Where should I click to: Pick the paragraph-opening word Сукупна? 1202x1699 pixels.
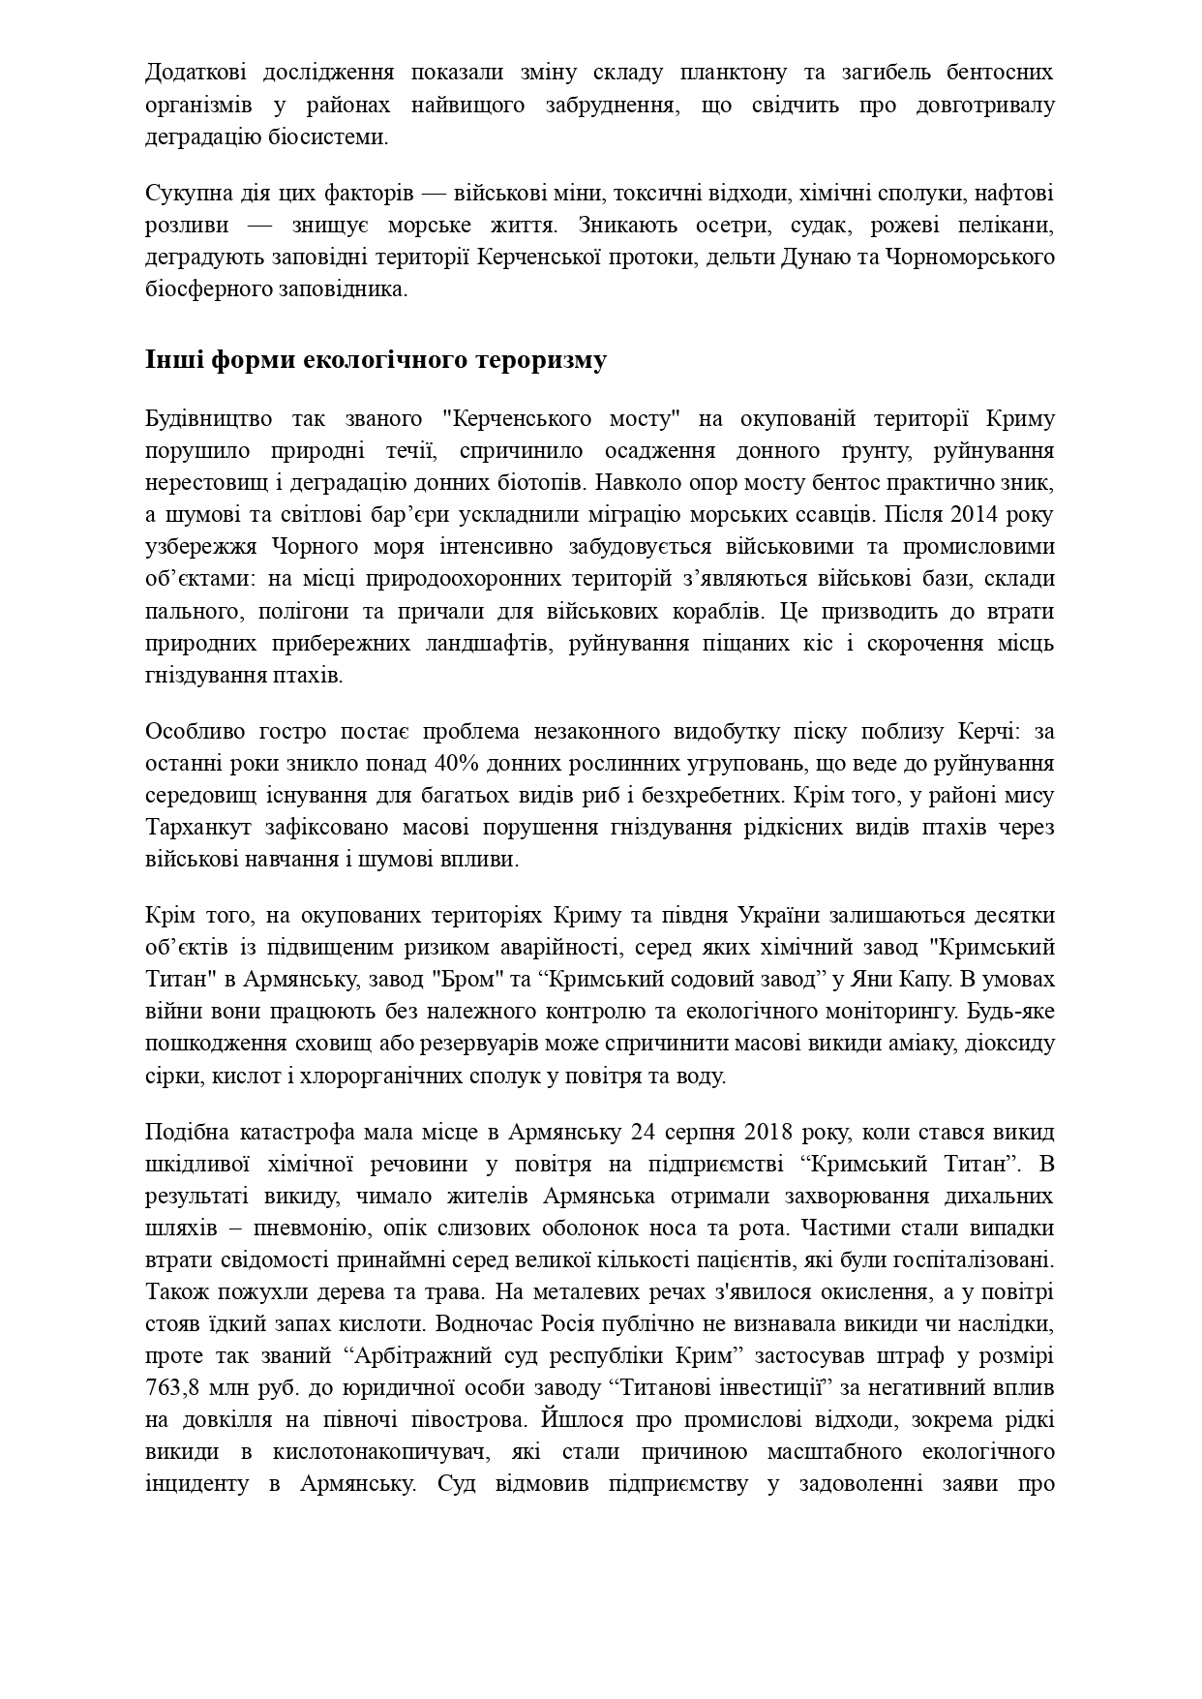click(186, 194)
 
